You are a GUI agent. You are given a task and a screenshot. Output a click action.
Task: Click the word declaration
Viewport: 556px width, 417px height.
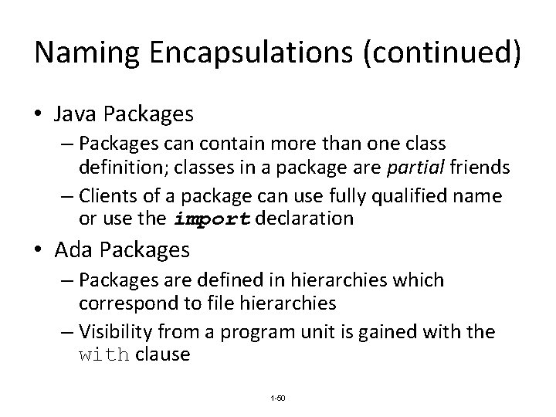click(303, 219)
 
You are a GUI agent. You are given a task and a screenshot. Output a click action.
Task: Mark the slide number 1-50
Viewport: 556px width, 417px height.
click(277, 397)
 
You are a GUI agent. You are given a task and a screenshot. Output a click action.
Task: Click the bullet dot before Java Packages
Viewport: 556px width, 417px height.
click(39, 115)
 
